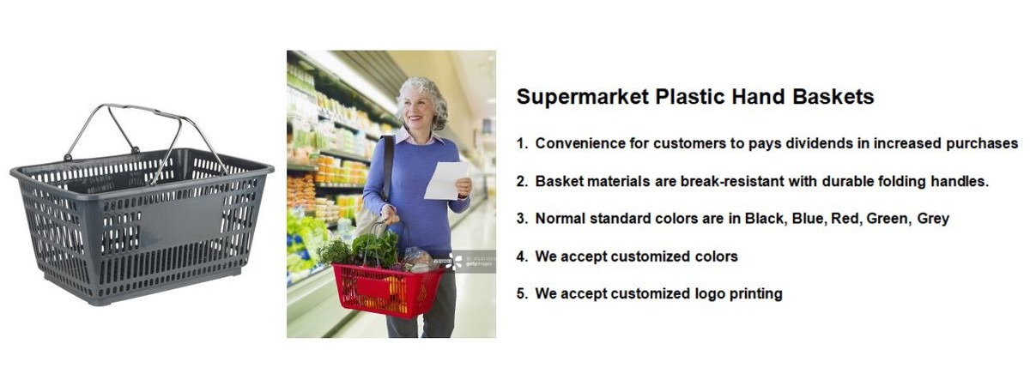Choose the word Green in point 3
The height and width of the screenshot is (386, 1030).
pos(887,218)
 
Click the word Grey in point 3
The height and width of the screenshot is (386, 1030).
pos(933,220)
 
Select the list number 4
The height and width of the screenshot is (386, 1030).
pos(522,256)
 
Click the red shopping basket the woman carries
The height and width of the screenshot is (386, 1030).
pos(387,290)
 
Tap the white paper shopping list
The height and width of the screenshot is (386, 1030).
pos(446,180)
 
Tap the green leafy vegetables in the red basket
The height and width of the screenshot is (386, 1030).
pos(376,249)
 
